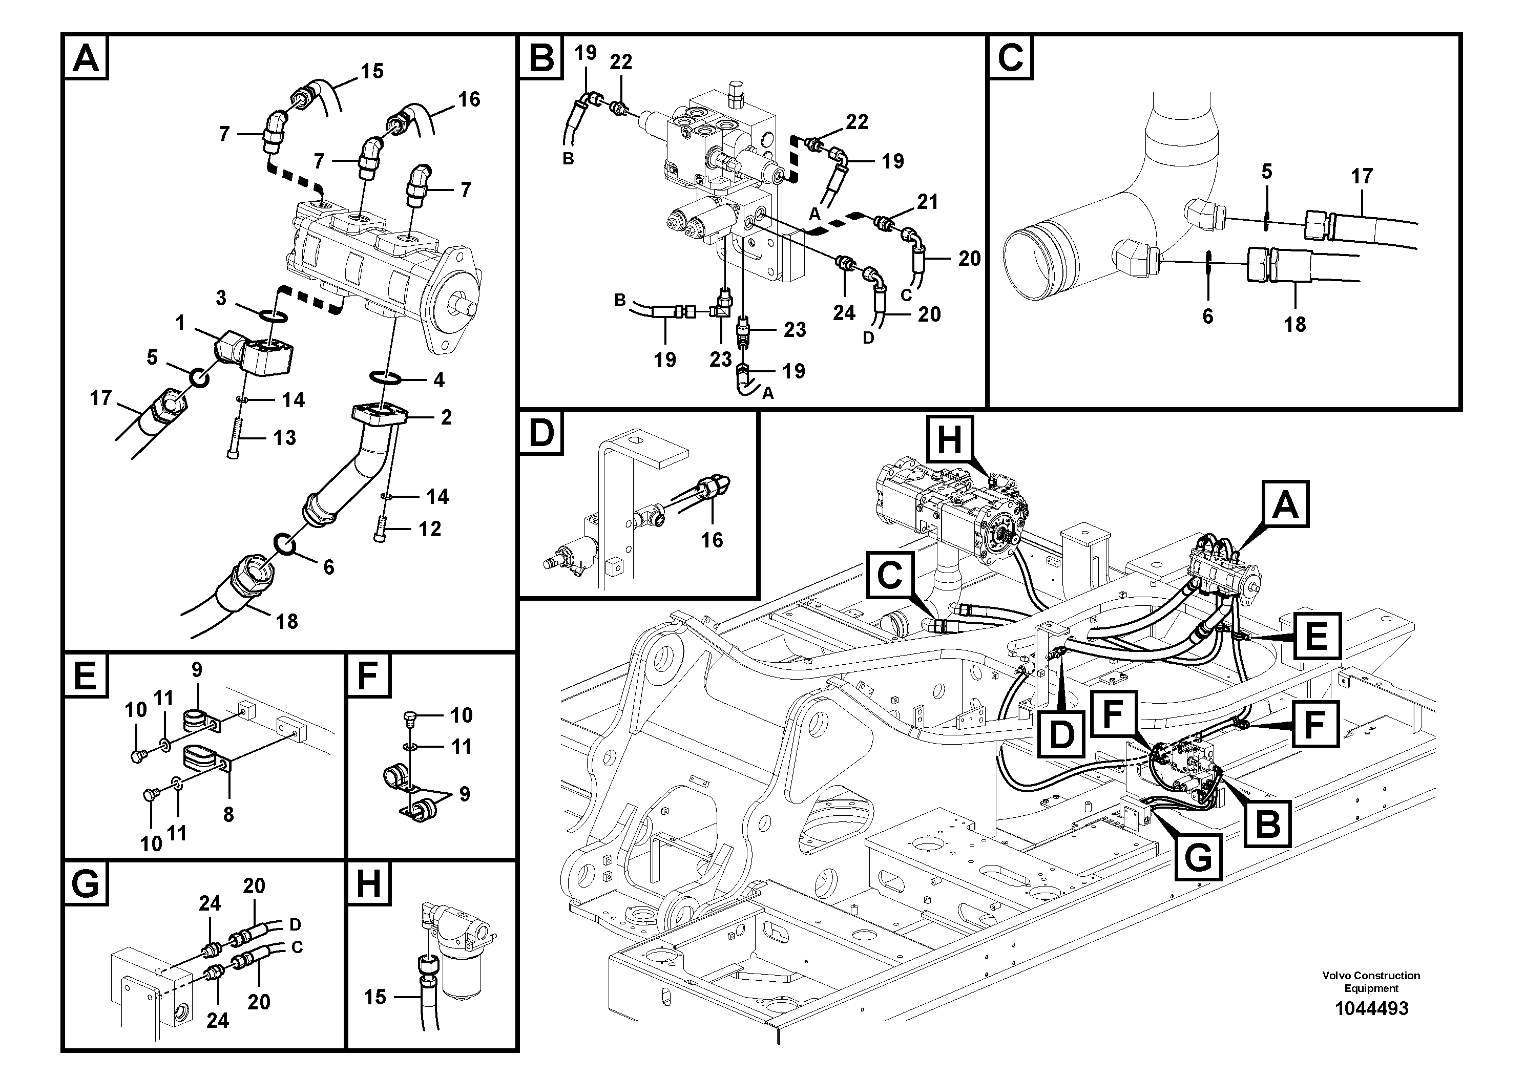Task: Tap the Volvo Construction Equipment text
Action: [x=1371, y=981]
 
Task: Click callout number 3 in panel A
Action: [x=221, y=298]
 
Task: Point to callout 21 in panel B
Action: [x=927, y=202]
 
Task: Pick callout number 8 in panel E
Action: [x=228, y=814]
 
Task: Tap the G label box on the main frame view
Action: [x=1199, y=857]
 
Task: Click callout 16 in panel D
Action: [x=712, y=540]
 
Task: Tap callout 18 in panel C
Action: [x=1294, y=324]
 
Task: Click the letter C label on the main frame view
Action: [x=889, y=575]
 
